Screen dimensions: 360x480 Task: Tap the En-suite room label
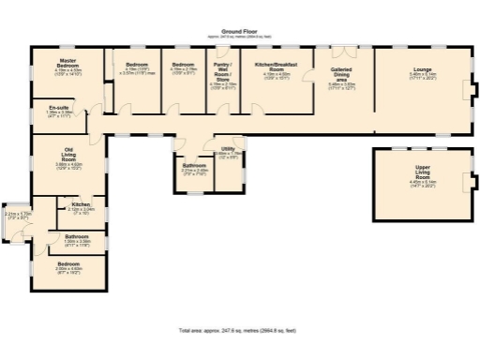pos(60,109)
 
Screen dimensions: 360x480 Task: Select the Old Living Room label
pos(68,153)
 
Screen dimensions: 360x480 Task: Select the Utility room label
pos(228,149)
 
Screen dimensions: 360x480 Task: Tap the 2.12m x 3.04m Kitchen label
pos(81,205)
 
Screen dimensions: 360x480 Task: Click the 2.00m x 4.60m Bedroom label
pos(69,264)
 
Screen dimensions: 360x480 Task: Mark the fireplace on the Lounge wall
pos(473,90)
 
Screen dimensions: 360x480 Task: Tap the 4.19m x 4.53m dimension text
pos(67,71)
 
